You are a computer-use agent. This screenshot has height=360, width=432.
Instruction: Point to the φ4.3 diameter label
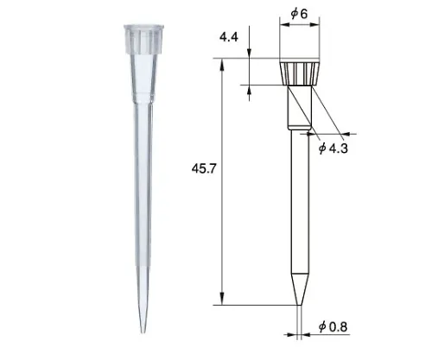pos(334,148)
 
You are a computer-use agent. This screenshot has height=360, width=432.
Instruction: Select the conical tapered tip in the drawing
pos(299,285)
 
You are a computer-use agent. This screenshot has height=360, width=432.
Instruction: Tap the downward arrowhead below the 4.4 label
pos(250,58)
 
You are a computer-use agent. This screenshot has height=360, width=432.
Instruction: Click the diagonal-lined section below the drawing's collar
pos(299,108)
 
